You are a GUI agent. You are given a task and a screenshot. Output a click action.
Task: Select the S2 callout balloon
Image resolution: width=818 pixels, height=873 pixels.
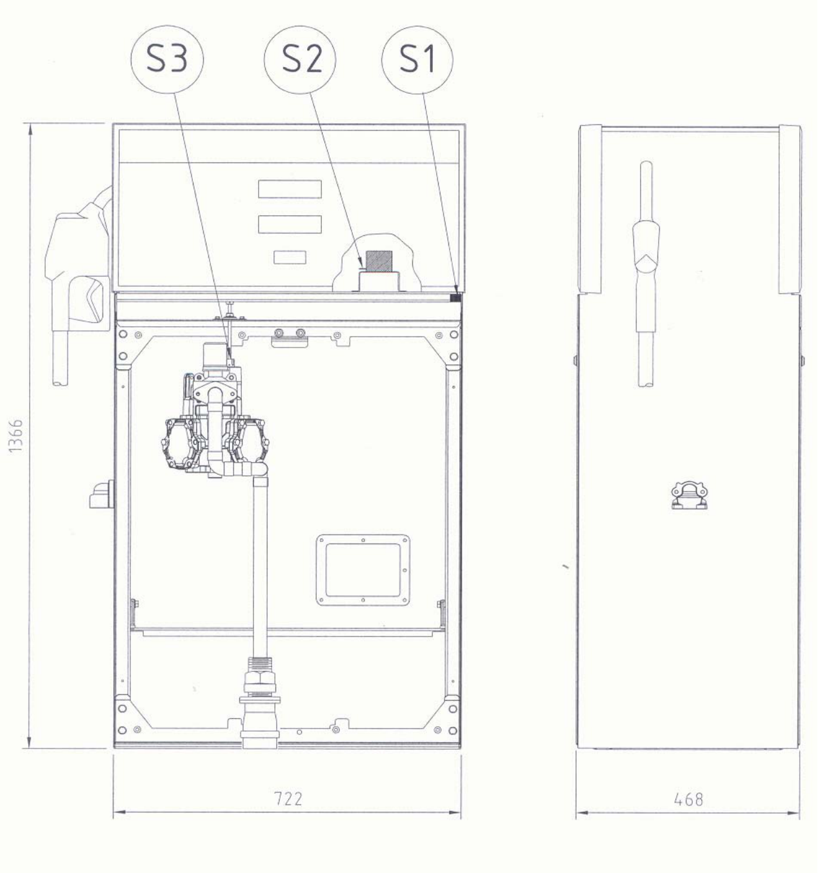tap(300, 59)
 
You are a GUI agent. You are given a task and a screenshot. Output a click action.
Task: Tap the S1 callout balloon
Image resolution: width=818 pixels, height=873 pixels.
tap(417, 59)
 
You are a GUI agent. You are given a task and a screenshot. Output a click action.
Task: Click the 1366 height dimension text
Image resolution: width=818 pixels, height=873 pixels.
tap(15, 435)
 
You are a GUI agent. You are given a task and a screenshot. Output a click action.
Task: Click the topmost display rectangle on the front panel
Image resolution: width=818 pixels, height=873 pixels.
tap(290, 189)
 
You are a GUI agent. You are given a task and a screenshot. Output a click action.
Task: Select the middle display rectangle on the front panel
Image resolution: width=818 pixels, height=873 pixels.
tap(290, 224)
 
